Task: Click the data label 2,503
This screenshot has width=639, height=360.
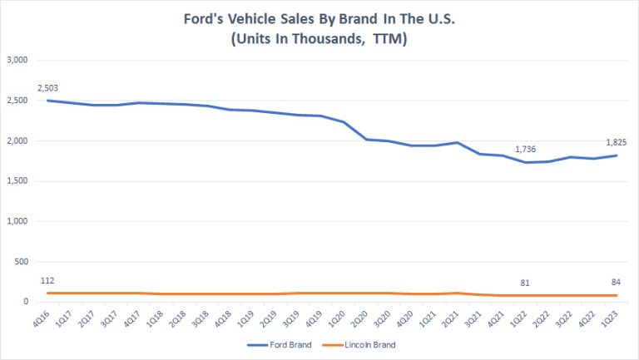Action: pos(48,87)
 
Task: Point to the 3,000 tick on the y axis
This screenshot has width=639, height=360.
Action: pos(18,61)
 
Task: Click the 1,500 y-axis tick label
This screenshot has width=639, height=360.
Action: pos(18,181)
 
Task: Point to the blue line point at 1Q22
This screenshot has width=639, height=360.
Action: pos(527,162)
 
